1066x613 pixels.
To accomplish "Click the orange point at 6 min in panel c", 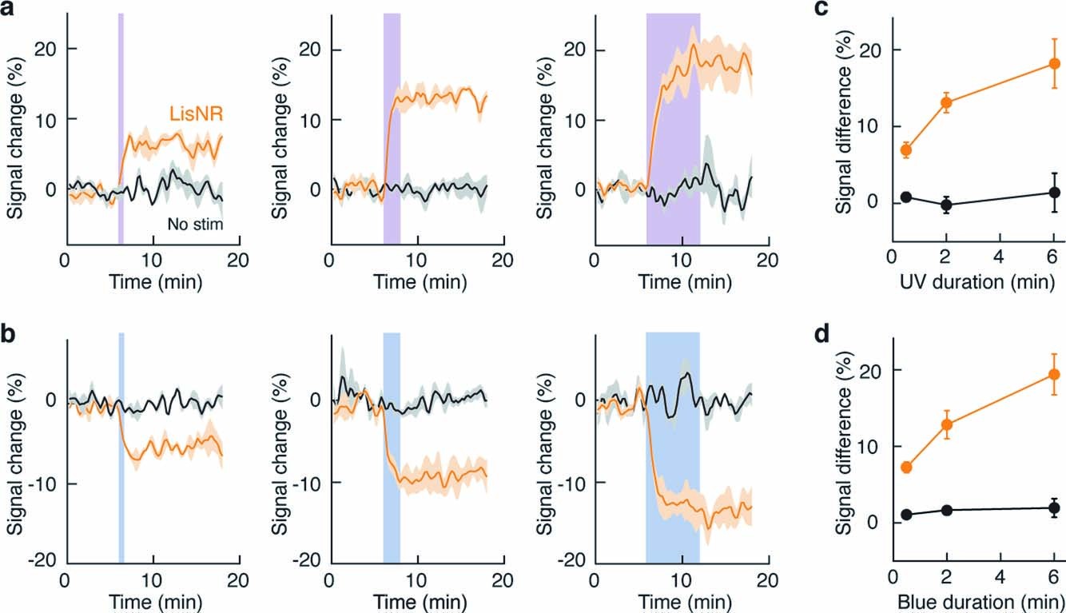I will point(1054,63).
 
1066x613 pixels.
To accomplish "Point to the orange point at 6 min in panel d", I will point(1054,374).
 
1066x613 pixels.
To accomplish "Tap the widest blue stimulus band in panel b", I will point(672,448).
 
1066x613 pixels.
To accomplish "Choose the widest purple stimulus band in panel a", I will point(672,128).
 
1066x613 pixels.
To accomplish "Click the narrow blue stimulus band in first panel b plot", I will point(121,448).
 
